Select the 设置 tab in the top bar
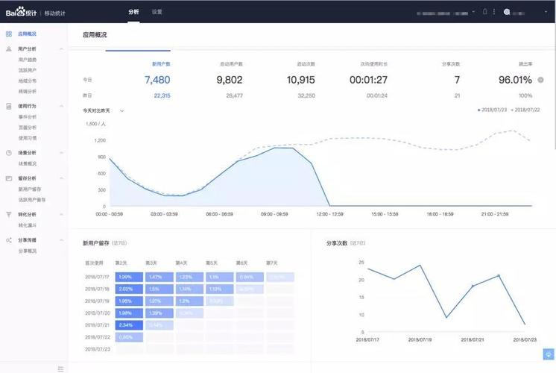pyautogui.click(x=157, y=12)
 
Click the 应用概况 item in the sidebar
pyautogui.click(x=28, y=34)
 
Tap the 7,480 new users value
pyautogui.click(x=157, y=80)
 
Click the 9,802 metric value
pyautogui.click(x=230, y=80)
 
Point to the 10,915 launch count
pyautogui.click(x=301, y=80)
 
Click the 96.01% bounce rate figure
pyautogui.click(x=515, y=80)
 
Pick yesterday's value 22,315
pyautogui.click(x=162, y=95)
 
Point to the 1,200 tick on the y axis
pyautogui.click(x=100, y=140)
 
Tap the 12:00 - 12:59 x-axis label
pyautogui.click(x=329, y=214)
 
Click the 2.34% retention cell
pyautogui.click(x=125, y=325)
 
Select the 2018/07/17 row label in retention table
pyautogui.click(x=97, y=277)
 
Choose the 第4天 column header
pyautogui.click(x=181, y=263)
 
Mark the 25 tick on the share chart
pyautogui.click(x=361, y=263)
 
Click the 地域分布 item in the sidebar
pyautogui.click(x=28, y=79)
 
